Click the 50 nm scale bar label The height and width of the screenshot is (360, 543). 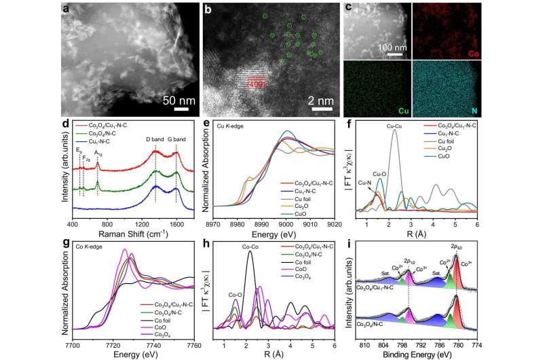point(177,99)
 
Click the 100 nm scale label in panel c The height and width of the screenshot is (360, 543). point(390,49)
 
